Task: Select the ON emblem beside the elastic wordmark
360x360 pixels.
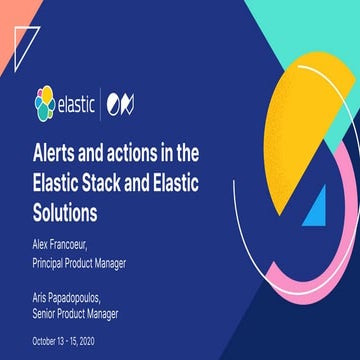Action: click(x=131, y=102)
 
